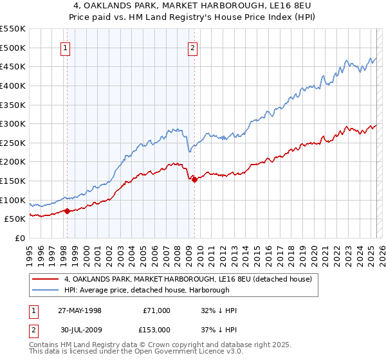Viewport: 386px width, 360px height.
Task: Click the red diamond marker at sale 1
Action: pyautogui.click(x=67, y=211)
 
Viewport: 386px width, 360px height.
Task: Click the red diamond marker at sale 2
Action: pyautogui.click(x=194, y=179)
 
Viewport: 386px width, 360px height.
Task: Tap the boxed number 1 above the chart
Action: pyautogui.click(x=66, y=47)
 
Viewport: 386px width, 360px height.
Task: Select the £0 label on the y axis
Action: pyautogui.click(x=21, y=238)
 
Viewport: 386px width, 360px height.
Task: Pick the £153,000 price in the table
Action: pyautogui.click(x=156, y=329)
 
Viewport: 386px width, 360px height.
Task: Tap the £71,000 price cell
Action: pyautogui.click(x=156, y=310)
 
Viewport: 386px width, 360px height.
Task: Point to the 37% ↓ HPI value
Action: pyautogui.click(x=219, y=329)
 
